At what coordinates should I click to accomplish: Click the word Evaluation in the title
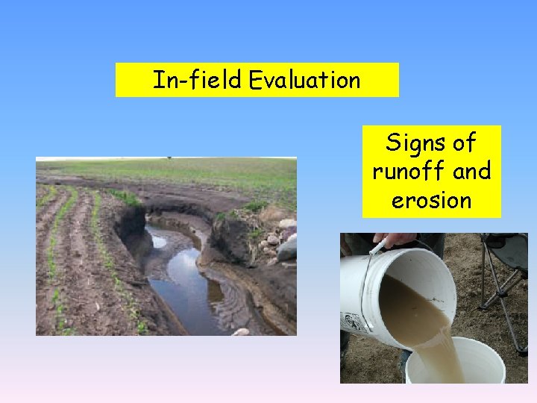(x=305, y=80)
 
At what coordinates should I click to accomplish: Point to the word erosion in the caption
(x=432, y=201)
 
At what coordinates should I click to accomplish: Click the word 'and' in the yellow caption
(x=472, y=172)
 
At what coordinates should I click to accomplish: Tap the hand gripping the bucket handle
(x=396, y=240)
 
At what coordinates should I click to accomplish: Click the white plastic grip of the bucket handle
(x=377, y=247)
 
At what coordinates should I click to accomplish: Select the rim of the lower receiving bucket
(x=455, y=343)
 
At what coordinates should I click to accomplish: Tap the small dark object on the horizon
(x=169, y=158)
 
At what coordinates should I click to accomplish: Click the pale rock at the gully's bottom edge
(x=241, y=331)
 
